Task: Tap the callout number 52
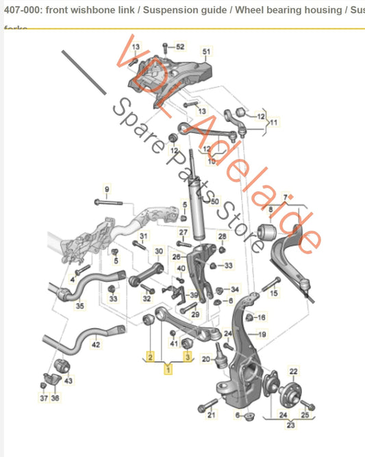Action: [180, 47]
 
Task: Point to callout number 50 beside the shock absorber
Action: [214, 202]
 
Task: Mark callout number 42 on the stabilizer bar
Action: [96, 345]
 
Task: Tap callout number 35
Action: [80, 306]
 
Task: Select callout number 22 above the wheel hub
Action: [294, 371]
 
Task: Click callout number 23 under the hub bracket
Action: [290, 425]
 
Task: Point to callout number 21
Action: [212, 415]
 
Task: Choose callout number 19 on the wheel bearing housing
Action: [261, 334]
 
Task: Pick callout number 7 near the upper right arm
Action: [286, 197]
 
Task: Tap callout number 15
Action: [275, 294]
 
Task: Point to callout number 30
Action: [159, 251]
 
